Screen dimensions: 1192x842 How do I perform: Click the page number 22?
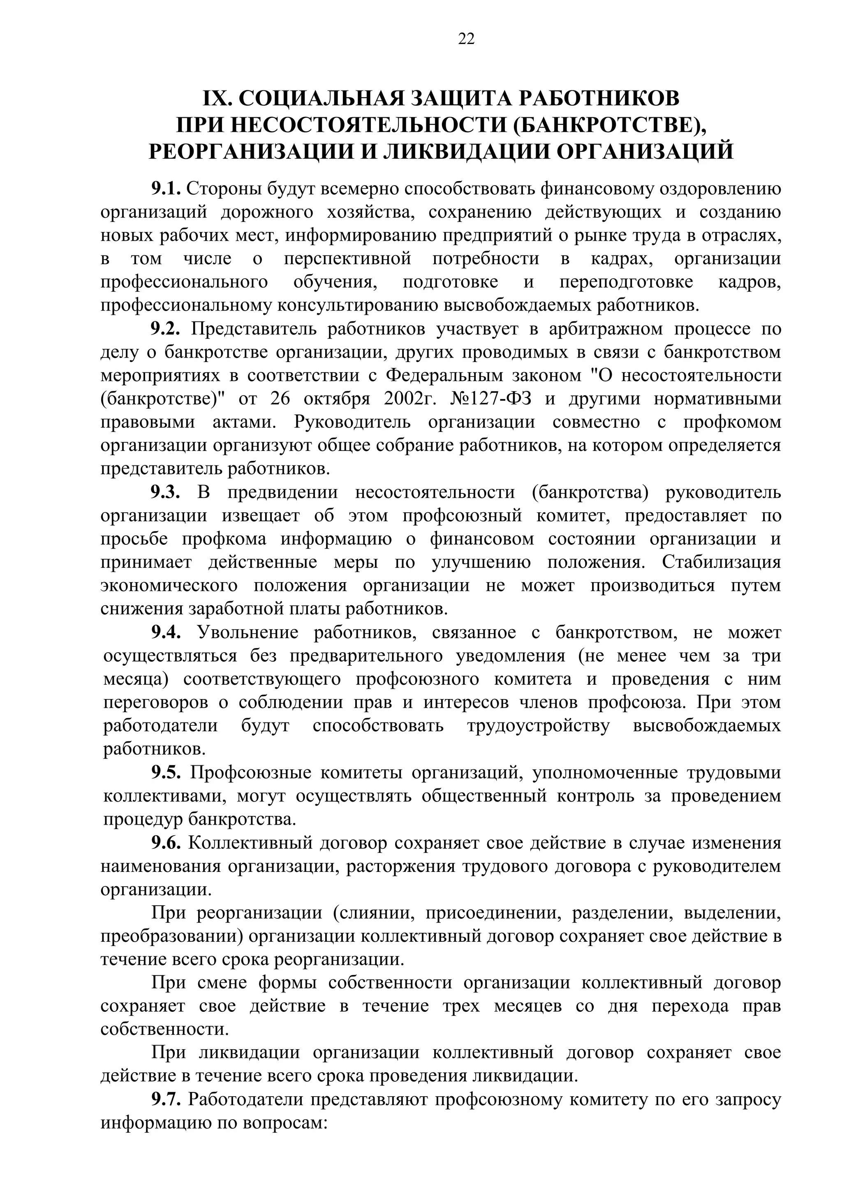(466, 39)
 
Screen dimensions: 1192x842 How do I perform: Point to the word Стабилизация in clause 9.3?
(721, 562)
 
